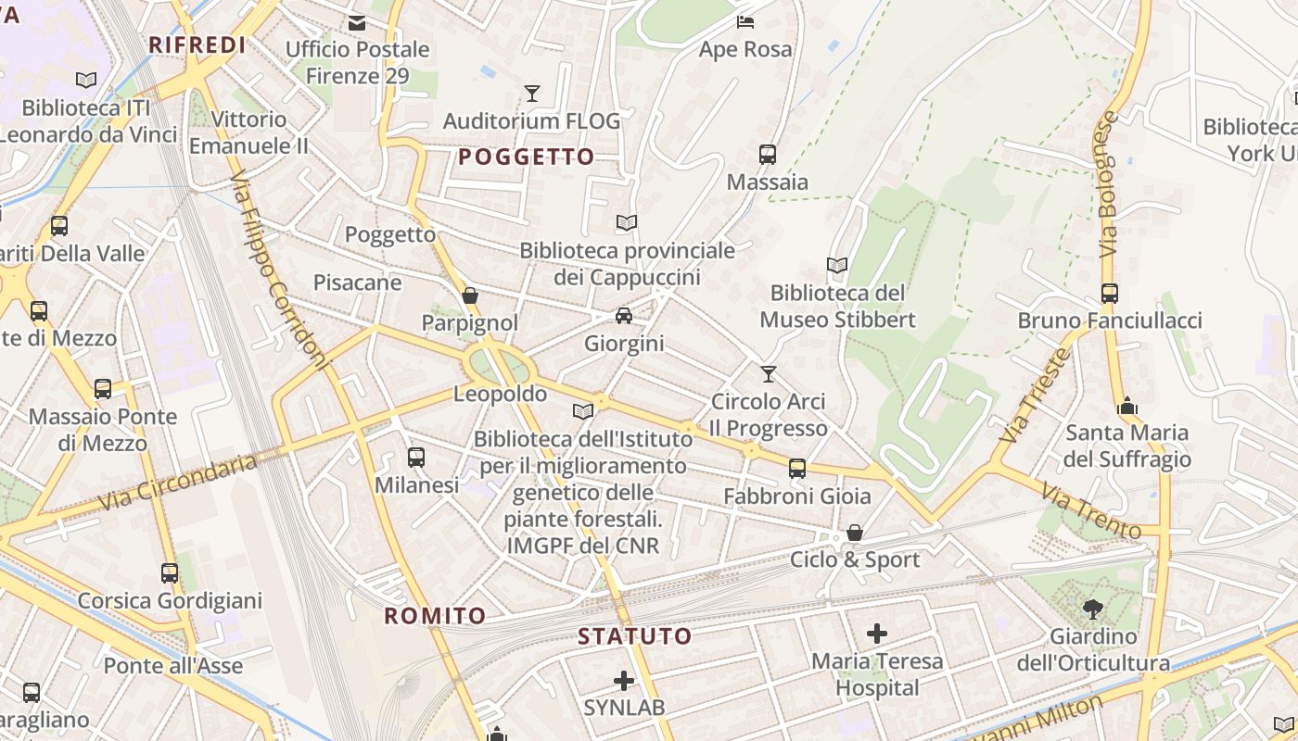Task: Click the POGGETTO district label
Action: pos(526,157)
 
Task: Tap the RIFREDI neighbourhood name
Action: pos(197,45)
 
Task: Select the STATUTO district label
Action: pos(635,636)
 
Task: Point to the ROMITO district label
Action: pos(435,616)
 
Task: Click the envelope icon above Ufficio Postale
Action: pos(357,23)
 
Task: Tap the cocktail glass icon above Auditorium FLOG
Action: pos(532,93)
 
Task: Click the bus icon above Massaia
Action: pos(768,155)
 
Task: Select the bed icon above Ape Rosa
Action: pos(745,21)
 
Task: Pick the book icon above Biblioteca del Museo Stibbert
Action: pos(837,266)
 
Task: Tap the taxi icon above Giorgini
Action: pos(624,316)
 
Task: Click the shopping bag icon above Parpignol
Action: pos(470,295)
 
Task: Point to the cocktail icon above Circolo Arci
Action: pos(768,374)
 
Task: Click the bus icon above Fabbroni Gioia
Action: pos(797,469)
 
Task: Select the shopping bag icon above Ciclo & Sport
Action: pos(855,533)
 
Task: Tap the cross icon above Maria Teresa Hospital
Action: pos(877,634)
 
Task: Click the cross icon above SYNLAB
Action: pos(624,681)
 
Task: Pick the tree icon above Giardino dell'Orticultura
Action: pos(1093,609)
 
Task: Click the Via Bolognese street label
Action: pos(1108,185)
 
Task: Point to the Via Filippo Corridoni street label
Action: pos(278,269)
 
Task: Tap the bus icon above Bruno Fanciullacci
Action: pos(1110,294)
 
